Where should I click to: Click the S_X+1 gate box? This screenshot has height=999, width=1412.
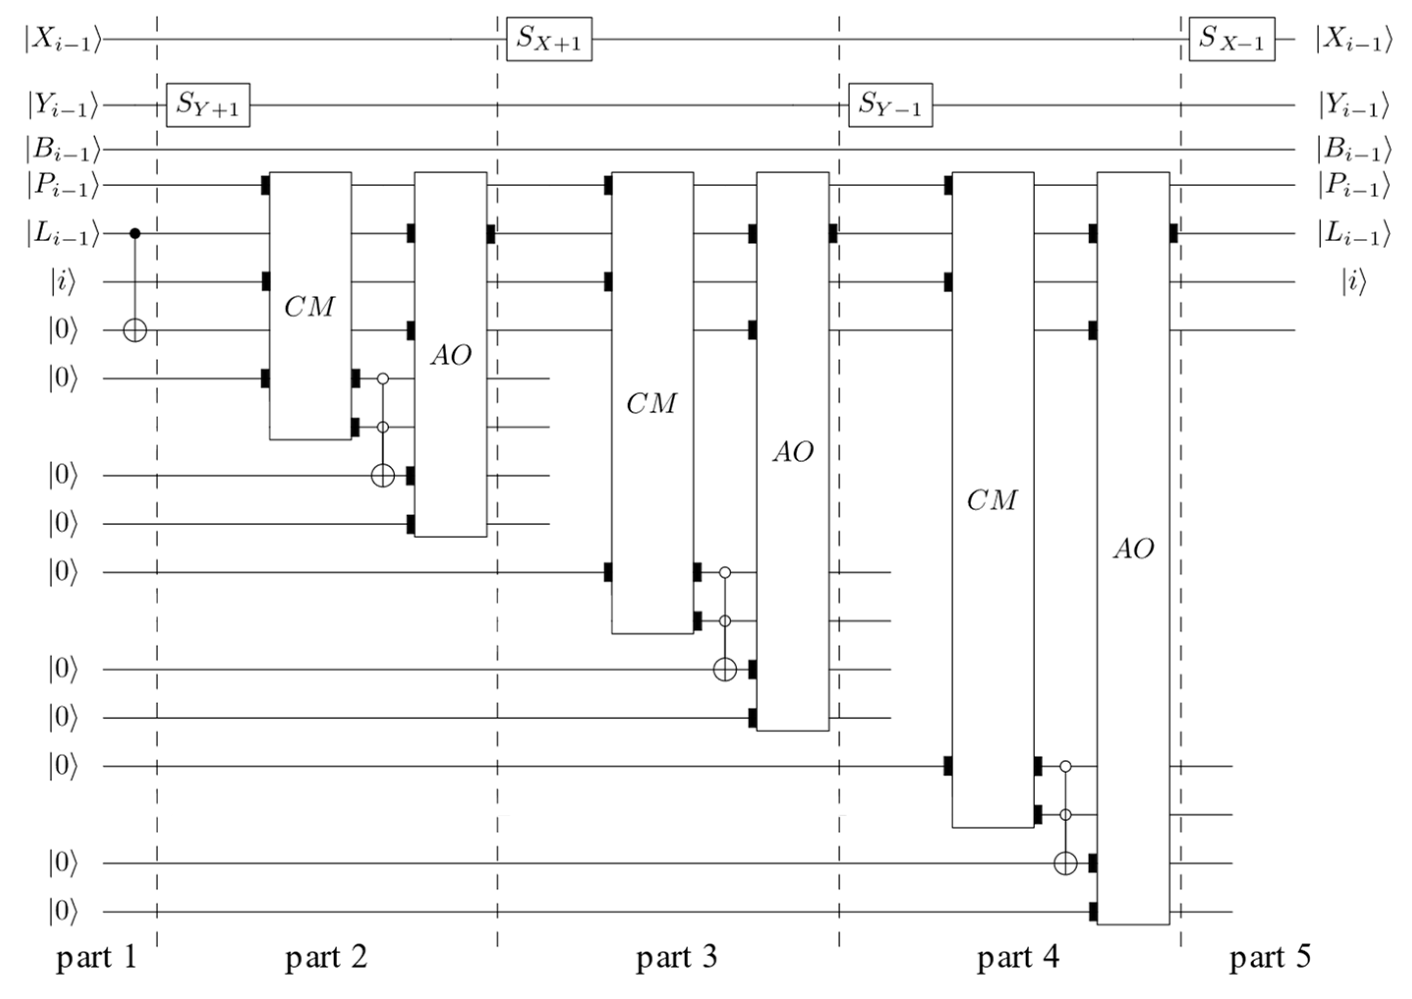pyautogui.click(x=549, y=39)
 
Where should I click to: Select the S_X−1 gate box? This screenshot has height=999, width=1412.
pyautogui.click(x=1231, y=39)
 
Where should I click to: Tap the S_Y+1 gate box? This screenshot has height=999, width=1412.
pyautogui.click(x=208, y=105)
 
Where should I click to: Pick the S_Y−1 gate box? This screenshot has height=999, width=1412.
pyautogui.click(x=890, y=105)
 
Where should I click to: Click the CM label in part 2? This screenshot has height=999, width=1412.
pyautogui.click(x=310, y=306)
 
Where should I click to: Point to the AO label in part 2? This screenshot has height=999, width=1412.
pyautogui.click(x=451, y=355)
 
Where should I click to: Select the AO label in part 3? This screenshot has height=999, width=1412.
pyautogui.click(x=793, y=452)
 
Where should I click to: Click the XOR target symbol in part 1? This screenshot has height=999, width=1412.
pyautogui.click(x=135, y=331)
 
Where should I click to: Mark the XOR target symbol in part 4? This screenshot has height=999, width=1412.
pyautogui.click(x=1066, y=863)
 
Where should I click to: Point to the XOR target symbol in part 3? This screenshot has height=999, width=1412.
pyautogui.click(x=725, y=669)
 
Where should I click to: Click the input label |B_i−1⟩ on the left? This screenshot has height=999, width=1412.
pyautogui.click(x=62, y=149)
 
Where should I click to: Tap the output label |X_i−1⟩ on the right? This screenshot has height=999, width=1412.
pyautogui.click(x=1353, y=39)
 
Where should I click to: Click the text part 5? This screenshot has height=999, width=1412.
pyautogui.click(x=1270, y=958)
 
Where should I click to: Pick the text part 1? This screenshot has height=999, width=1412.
pyautogui.click(x=96, y=958)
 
